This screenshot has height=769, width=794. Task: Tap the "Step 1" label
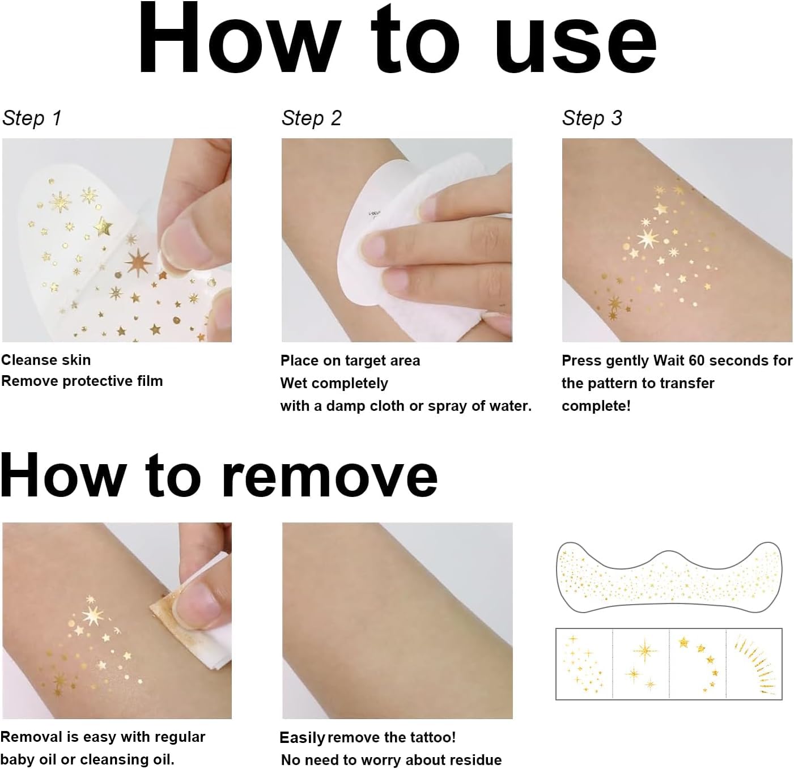point(32,118)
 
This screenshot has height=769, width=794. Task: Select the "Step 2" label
point(311,118)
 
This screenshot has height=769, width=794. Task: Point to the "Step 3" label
point(592,118)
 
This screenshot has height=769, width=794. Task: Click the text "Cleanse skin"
point(46,360)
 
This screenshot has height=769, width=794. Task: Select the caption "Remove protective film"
point(82,381)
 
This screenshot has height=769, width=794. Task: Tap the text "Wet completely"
point(334,383)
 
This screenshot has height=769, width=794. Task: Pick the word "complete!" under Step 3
point(596,406)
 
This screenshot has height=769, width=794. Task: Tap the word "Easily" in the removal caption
point(302,737)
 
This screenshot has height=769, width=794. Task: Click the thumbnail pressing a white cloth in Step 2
point(397,240)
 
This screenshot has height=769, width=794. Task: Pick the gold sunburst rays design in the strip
point(754,664)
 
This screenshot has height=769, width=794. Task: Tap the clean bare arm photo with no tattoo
point(397,621)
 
